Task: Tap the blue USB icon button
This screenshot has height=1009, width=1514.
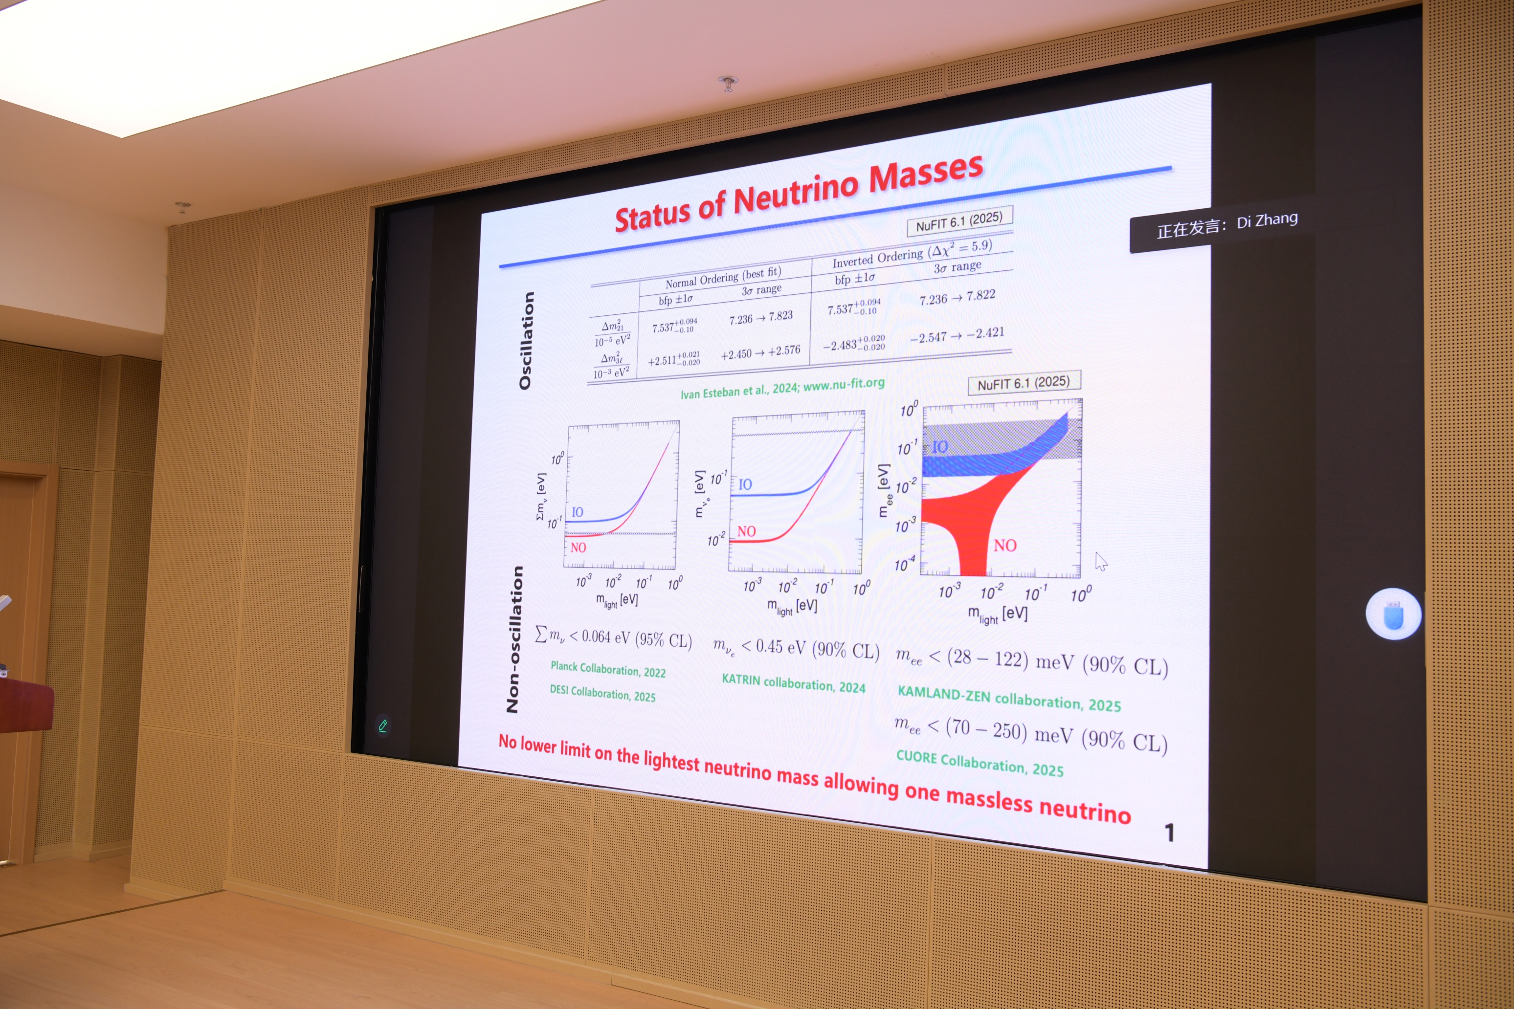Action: [1394, 614]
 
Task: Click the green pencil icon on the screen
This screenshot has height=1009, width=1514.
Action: [383, 726]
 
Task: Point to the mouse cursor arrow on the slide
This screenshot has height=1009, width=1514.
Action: [1101, 561]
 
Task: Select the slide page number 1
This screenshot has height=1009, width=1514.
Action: [1170, 833]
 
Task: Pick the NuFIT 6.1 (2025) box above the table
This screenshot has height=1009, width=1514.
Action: [959, 221]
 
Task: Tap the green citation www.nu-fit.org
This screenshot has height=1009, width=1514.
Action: [844, 385]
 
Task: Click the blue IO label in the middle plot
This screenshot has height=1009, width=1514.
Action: [745, 484]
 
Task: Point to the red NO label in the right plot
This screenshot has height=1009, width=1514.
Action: [1005, 546]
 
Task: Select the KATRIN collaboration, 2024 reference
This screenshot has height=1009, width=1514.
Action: [793, 683]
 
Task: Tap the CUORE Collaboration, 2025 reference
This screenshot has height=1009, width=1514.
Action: [980, 763]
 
